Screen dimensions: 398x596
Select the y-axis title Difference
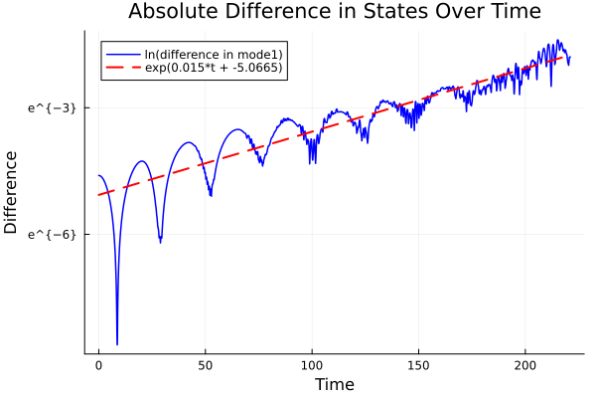(x=12, y=192)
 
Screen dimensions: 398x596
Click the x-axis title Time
(x=334, y=384)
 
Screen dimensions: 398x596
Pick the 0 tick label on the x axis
(x=98, y=365)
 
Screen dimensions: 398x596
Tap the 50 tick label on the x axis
(x=206, y=365)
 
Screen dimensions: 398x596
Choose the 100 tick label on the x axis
(x=312, y=365)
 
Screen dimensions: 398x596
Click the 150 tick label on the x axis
(x=418, y=365)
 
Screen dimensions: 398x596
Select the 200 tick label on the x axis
(x=525, y=365)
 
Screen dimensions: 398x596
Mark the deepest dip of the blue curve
(x=117, y=343)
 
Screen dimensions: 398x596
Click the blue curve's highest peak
(x=559, y=41)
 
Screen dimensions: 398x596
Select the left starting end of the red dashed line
(x=99, y=194)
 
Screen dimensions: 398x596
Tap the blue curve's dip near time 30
(x=160, y=241)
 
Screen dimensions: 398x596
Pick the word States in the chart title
(x=381, y=13)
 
